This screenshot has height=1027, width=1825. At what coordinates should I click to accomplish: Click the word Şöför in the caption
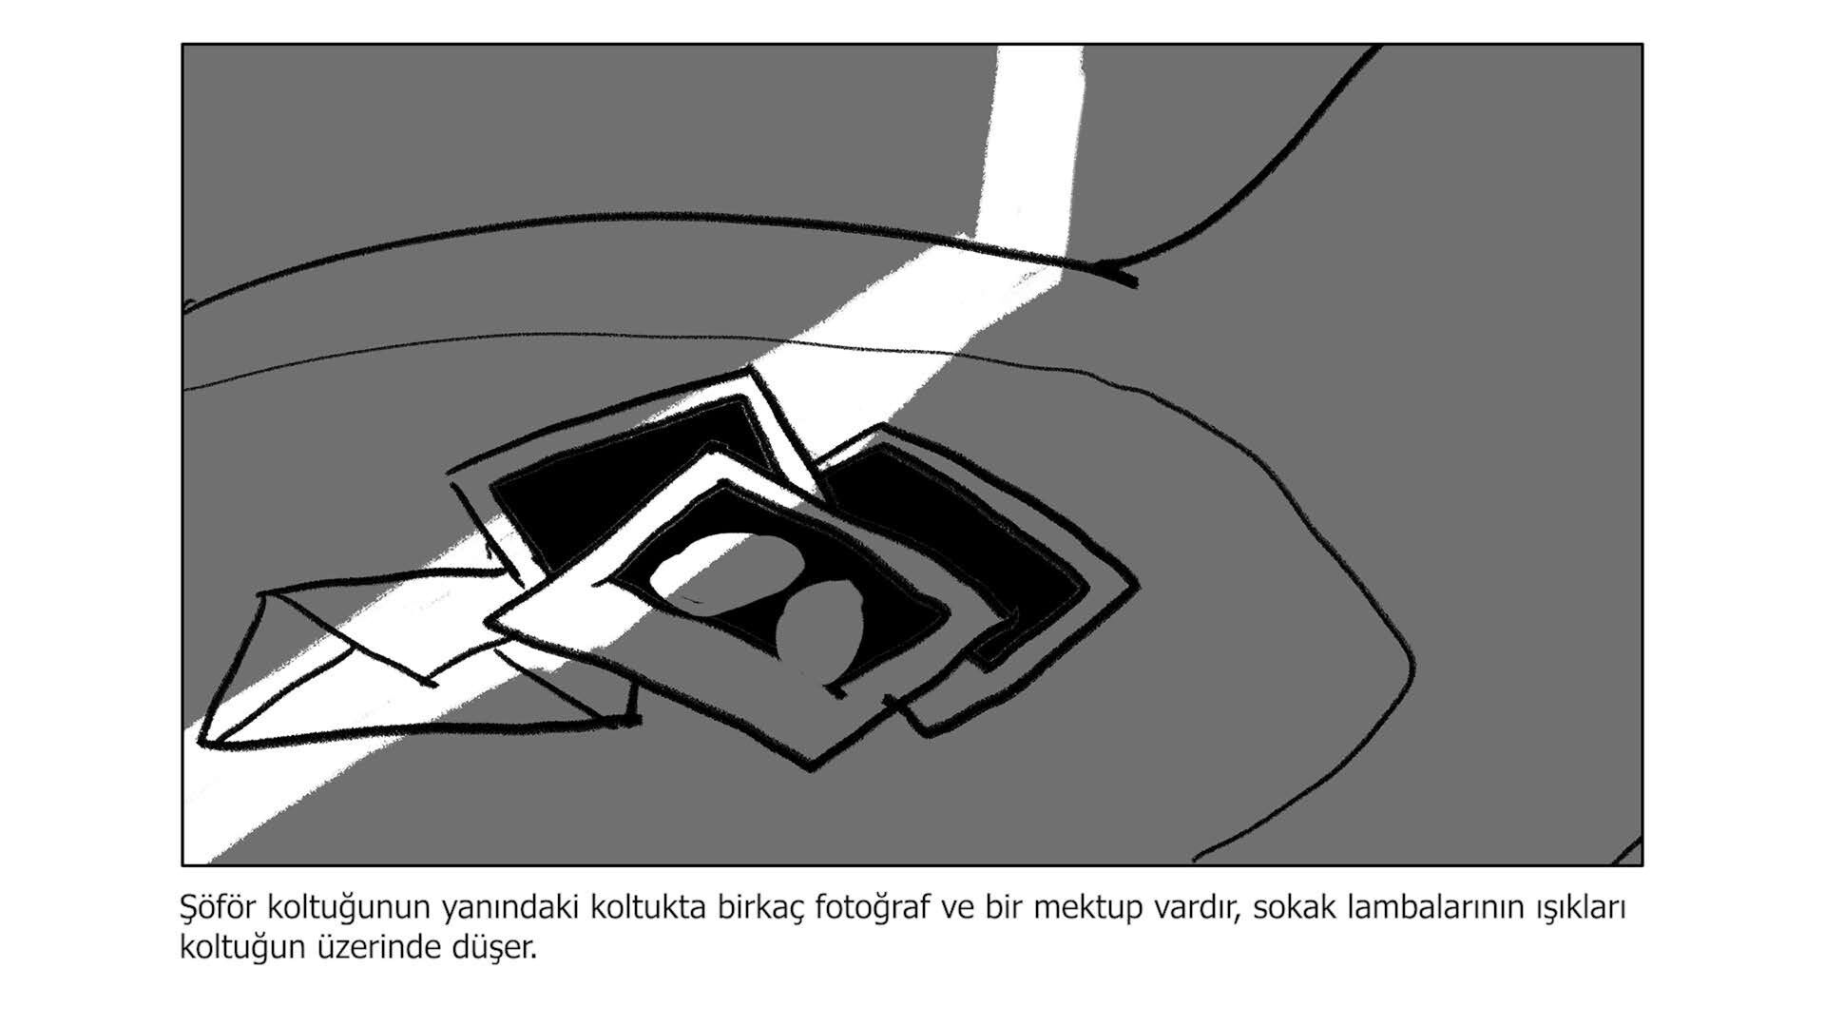219,907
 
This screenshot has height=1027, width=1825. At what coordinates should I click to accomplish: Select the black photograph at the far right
979,552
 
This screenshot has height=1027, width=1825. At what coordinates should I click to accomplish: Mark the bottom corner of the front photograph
811,768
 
